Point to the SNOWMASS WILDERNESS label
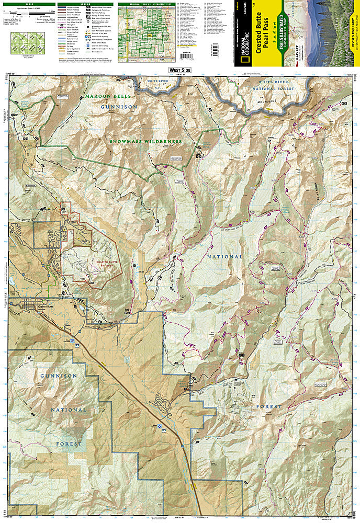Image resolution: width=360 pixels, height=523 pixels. click(x=146, y=141)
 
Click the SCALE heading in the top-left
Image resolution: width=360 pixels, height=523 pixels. click(x=25, y=4)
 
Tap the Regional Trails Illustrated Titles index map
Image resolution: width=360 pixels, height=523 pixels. click(x=145, y=28)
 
